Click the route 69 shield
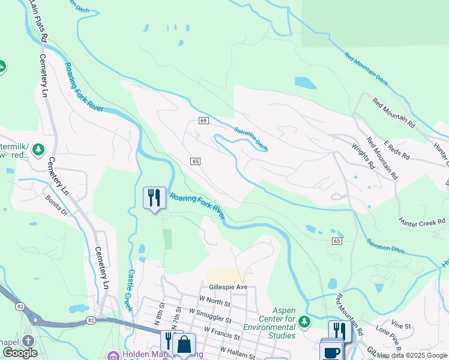pos(203,121)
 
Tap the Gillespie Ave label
pos(227,287)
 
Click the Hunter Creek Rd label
pos(423,222)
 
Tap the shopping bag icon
pos(184,344)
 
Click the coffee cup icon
pos(331,352)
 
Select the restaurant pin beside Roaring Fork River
pos(154,197)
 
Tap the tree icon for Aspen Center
pos(305,322)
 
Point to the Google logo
pos(20,353)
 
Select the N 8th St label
pos(160,319)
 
